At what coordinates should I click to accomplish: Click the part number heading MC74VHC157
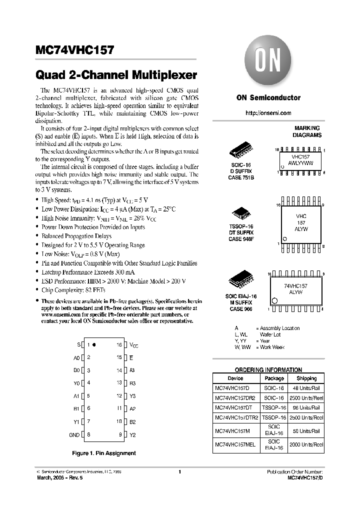point(75,50)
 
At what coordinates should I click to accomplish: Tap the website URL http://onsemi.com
point(268,113)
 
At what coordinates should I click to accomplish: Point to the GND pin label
point(74,435)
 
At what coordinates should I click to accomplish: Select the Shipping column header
point(306,378)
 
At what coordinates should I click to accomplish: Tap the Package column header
point(274,378)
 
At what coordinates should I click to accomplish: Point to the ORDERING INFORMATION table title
point(268,370)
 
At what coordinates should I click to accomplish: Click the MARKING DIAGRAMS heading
point(307,131)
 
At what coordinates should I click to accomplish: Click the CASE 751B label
point(241,177)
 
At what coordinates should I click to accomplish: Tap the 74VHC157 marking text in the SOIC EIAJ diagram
point(296,285)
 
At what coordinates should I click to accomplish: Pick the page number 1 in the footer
point(179,471)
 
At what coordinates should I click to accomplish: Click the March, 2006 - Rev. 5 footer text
point(60,477)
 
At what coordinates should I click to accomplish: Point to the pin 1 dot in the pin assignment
point(94,344)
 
